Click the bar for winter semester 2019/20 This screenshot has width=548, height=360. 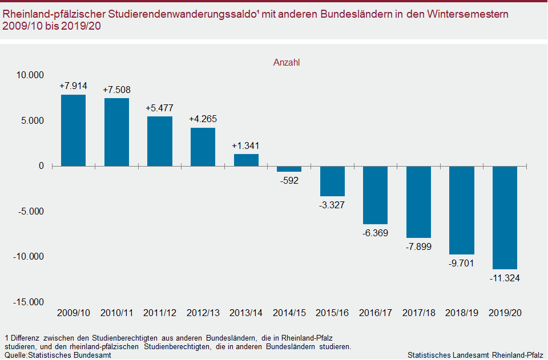[x=505, y=217]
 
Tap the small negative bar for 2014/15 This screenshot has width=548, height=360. [x=289, y=169]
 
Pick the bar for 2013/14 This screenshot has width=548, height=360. [x=246, y=160]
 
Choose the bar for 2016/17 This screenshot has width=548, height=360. [x=375, y=195]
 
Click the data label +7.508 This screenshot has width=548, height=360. [x=116, y=90]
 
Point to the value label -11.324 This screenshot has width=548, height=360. [x=505, y=278]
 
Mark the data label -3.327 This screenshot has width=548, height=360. [x=332, y=205]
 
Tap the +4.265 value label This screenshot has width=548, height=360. [x=203, y=119]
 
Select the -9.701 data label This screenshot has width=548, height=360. [x=461, y=264]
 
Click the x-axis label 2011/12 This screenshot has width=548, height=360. [x=160, y=313]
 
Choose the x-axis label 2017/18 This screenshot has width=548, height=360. [x=418, y=313]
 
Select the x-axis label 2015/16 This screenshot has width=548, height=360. [x=332, y=313]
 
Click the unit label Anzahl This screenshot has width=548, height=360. [x=287, y=63]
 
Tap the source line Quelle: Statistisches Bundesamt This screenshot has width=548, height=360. [x=57, y=355]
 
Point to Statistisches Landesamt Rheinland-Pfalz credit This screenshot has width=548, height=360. [x=475, y=355]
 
